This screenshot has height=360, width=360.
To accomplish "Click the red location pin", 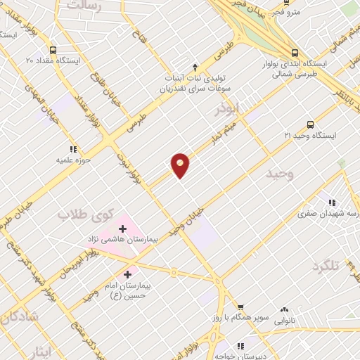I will pyautogui.click(x=181, y=165).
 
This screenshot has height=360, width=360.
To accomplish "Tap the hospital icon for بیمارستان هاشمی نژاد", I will pyautogui.click(x=123, y=228).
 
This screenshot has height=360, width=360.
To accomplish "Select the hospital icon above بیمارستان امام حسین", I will pyautogui.click(x=127, y=274).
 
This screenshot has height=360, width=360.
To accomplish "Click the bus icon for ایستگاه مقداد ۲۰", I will pyautogui.click(x=29, y=49).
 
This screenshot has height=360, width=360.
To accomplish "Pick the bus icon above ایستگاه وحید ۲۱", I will pyautogui.click(x=311, y=123).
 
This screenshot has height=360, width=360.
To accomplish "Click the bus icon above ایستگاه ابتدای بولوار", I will pyautogui.click(x=295, y=51).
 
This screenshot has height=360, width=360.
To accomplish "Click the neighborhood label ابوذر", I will pyautogui.click(x=228, y=110).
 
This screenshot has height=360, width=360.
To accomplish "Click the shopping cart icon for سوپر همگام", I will pyautogui.click(x=240, y=307).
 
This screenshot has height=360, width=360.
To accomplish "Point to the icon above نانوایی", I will pyautogui.click(x=284, y=309).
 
